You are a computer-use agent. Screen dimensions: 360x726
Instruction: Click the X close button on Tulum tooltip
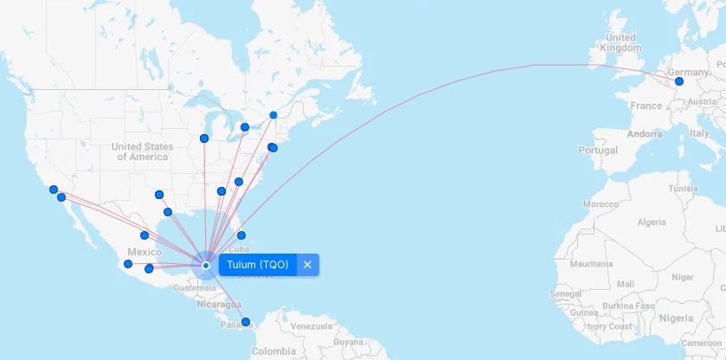(x=307, y=265)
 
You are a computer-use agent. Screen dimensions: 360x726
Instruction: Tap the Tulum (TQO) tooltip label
(x=258, y=265)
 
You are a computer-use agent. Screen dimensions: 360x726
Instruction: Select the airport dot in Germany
(x=679, y=81)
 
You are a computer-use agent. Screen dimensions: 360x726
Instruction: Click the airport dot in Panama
(x=246, y=322)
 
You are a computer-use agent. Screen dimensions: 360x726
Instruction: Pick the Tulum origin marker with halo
(x=206, y=266)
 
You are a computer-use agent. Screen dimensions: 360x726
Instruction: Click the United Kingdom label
(x=621, y=43)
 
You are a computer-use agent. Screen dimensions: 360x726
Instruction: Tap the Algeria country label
(x=652, y=222)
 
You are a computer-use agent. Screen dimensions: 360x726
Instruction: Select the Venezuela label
(x=311, y=326)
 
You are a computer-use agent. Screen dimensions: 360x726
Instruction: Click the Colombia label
(x=273, y=352)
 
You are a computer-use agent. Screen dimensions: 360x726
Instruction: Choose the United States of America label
(x=143, y=151)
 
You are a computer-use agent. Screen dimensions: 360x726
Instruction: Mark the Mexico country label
(x=145, y=252)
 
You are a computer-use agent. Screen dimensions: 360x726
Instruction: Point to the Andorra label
(x=645, y=134)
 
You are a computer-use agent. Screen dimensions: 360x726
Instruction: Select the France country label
(x=646, y=106)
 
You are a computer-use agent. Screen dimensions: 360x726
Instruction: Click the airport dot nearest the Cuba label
(x=241, y=235)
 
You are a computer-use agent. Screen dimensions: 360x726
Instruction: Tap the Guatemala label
(x=195, y=286)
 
